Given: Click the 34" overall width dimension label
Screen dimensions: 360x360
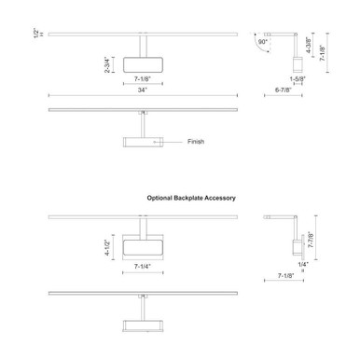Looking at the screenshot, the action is coord(143,90).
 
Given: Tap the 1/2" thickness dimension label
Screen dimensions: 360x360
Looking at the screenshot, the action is coord(36,34).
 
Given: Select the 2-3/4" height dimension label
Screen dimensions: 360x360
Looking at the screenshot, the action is coord(107,64).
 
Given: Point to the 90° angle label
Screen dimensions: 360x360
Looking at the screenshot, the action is coord(263,42).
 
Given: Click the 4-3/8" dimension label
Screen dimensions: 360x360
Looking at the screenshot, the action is coord(309,45).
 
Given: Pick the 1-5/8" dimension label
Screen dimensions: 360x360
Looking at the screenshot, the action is coord(298,79).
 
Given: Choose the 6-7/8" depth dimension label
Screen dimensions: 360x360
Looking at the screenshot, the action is coord(284,90).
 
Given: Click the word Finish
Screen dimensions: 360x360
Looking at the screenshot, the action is coord(196,142).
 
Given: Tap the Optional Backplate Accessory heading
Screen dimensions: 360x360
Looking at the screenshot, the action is coord(191,198).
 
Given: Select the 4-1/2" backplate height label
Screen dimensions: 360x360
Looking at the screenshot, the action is coord(107,247).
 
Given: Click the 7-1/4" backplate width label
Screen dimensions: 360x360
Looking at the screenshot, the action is coord(143,267).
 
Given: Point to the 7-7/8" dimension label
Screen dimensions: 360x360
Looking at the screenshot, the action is coord(311,240).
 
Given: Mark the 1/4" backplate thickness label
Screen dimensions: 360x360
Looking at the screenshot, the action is coord(303,264).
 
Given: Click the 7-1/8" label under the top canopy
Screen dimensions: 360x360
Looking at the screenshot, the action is coord(143,79).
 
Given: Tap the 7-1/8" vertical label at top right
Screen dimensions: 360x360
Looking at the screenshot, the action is coord(323,53).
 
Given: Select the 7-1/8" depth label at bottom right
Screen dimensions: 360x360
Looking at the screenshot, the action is coord(285,275).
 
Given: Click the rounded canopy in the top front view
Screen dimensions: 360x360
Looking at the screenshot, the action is coord(143,65).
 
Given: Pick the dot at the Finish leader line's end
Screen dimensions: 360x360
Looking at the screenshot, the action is coord(155,142).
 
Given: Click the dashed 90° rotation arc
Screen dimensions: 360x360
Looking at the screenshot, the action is coord(259,45).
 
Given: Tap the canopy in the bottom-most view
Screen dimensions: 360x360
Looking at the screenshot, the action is coord(143,325).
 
